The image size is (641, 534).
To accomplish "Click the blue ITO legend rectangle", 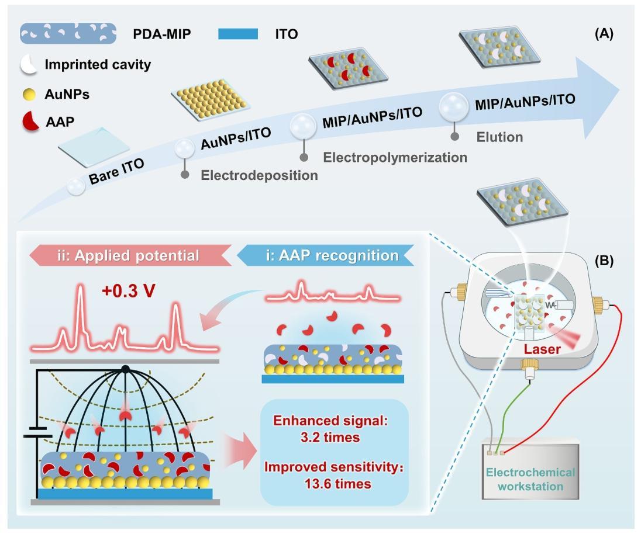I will point(237,34).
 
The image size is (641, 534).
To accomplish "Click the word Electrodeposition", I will point(259,175).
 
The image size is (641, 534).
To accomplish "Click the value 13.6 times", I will point(333,483).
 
